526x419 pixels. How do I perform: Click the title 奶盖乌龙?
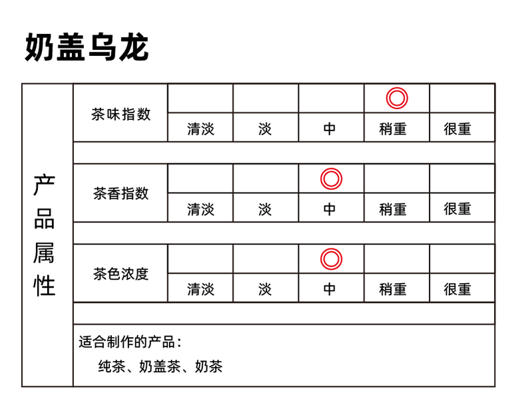point(87,47)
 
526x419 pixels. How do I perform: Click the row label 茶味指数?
point(121,114)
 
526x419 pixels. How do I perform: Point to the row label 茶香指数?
point(121,194)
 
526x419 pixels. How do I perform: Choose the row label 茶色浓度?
point(121,274)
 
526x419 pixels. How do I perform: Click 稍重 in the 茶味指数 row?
point(393,129)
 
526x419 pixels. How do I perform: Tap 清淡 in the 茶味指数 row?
point(200,129)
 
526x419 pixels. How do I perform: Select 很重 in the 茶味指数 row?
point(457,129)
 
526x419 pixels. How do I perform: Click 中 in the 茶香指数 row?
point(330,209)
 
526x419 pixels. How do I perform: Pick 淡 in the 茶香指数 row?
point(265,209)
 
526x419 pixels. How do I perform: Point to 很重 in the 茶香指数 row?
point(457,209)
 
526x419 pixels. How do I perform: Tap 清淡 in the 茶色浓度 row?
point(200,289)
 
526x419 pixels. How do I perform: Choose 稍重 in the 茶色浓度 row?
point(393,289)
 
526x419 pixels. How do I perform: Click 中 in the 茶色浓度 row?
point(330,289)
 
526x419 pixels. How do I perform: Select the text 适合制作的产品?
point(130,342)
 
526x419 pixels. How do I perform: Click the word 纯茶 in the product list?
point(112,366)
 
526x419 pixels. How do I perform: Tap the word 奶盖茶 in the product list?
point(160,366)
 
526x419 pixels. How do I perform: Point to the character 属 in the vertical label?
point(44,253)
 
